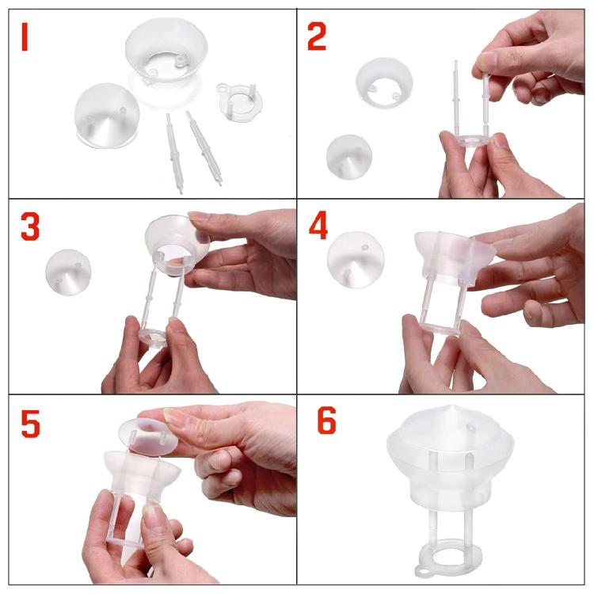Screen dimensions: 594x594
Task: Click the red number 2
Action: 317,36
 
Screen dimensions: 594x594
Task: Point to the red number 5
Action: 30,423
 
